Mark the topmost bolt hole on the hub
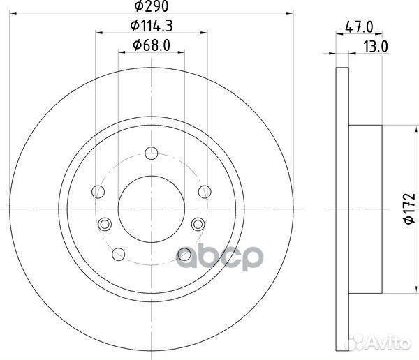coord(151,153)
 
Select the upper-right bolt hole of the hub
coord(204,192)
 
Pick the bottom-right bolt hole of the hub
coord(184,253)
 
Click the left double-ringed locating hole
coord(105,223)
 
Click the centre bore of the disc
coord(151,209)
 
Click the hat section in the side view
coord(366,209)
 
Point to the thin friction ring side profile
coord(341,209)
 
